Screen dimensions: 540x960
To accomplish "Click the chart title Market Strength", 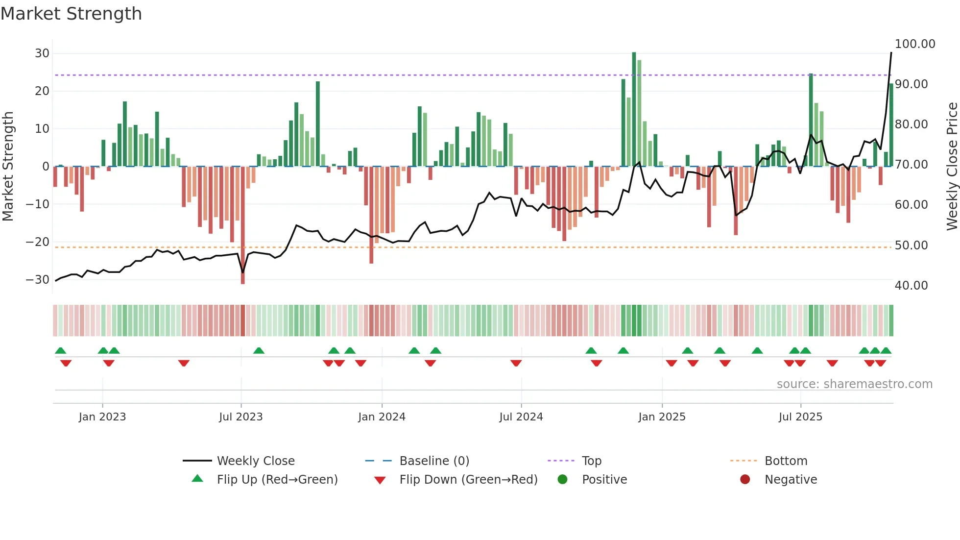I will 71,14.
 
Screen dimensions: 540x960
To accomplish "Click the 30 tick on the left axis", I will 42,53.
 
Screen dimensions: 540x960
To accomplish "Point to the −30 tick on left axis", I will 38,279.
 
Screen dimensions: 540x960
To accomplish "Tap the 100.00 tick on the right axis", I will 914,44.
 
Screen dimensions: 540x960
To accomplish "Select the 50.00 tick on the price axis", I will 911,245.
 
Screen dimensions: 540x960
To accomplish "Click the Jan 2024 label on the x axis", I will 382,417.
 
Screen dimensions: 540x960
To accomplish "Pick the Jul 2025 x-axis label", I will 800,417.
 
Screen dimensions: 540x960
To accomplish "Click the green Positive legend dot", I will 562,479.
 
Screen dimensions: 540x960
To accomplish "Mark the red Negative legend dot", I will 745,479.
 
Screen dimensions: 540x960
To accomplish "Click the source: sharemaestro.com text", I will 854,384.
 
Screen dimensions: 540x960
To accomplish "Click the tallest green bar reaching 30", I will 634,109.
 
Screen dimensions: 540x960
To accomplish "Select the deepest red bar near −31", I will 242,225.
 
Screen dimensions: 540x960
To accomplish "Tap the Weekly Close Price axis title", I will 952,166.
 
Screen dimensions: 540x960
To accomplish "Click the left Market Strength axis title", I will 8,166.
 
